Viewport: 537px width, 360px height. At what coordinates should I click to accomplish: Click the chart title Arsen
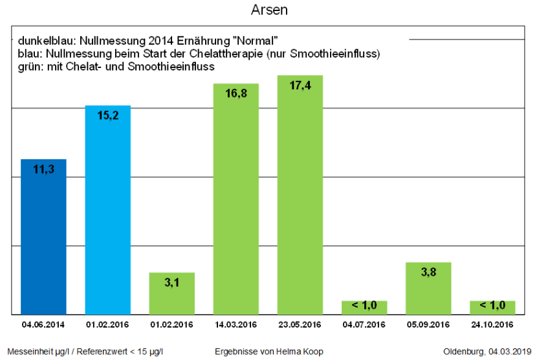[268, 11]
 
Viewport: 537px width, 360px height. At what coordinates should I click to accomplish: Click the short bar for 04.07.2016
[364, 307]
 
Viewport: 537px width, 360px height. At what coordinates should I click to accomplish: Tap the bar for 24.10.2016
[492, 307]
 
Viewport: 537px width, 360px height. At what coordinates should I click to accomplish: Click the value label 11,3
[43, 170]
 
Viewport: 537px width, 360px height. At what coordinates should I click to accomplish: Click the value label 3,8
[428, 273]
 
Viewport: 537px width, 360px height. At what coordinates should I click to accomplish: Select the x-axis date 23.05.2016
[300, 324]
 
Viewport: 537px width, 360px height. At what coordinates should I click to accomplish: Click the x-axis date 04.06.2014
[43, 324]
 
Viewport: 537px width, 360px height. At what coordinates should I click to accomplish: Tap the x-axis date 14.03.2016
[236, 324]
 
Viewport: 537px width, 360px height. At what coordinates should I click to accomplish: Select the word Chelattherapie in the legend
[239, 53]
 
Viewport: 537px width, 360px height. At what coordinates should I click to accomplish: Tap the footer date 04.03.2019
[509, 352]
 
